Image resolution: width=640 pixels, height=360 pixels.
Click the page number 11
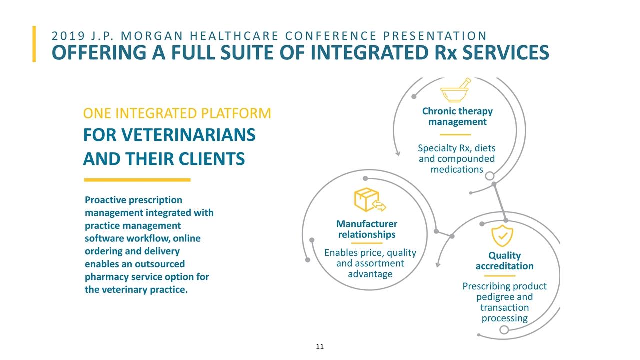(320, 346)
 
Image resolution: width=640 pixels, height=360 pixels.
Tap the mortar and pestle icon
(455, 90)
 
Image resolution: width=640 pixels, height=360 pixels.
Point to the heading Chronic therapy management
(457, 116)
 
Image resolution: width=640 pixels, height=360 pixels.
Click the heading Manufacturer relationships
(367, 229)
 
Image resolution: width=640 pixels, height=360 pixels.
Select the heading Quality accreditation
(504, 261)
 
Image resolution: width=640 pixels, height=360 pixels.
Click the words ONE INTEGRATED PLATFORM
(177, 114)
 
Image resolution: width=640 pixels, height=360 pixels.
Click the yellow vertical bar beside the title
(34, 44)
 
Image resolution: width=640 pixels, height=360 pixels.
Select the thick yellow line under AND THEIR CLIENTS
(137, 180)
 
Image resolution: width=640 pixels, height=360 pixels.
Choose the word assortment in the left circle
(370, 263)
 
